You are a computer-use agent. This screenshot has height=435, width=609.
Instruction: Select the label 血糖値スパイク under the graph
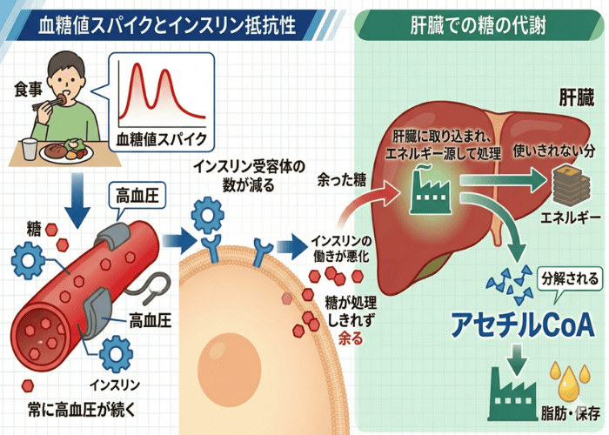160,137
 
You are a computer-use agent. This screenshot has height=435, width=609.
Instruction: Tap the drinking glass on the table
30,150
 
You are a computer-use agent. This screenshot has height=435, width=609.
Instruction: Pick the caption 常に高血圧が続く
74,406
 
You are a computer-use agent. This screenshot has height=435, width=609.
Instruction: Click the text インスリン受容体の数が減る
234,174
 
